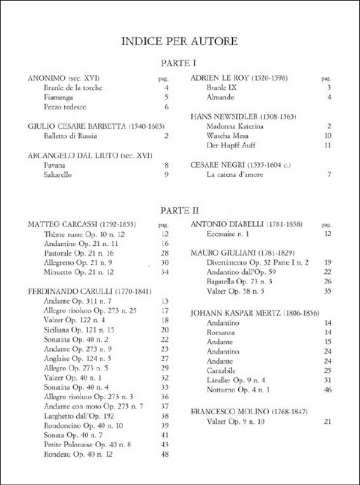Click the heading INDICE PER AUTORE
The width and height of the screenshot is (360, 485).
[x=179, y=41]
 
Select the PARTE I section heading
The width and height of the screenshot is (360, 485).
[x=179, y=63]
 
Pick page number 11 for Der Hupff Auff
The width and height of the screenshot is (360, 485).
[x=328, y=146]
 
